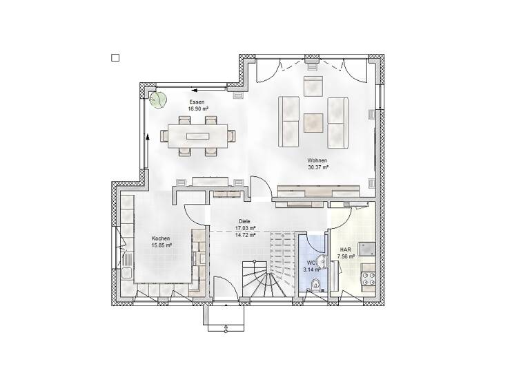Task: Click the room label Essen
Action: [198, 102]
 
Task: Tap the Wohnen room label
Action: [317, 160]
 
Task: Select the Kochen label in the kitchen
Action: [161, 238]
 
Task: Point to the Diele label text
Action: [246, 221]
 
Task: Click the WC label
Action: [311, 263]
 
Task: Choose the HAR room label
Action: [345, 249]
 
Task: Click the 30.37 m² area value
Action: [317, 167]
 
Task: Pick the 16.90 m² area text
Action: [198, 108]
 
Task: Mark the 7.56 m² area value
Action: [345, 256]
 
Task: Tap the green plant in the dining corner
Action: [159, 100]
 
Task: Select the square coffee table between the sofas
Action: [313, 122]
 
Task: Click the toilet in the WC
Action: [316, 285]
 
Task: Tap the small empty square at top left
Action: [115, 58]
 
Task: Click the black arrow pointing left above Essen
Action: [196, 89]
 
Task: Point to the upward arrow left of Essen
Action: [148, 139]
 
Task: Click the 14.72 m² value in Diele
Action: [246, 235]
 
